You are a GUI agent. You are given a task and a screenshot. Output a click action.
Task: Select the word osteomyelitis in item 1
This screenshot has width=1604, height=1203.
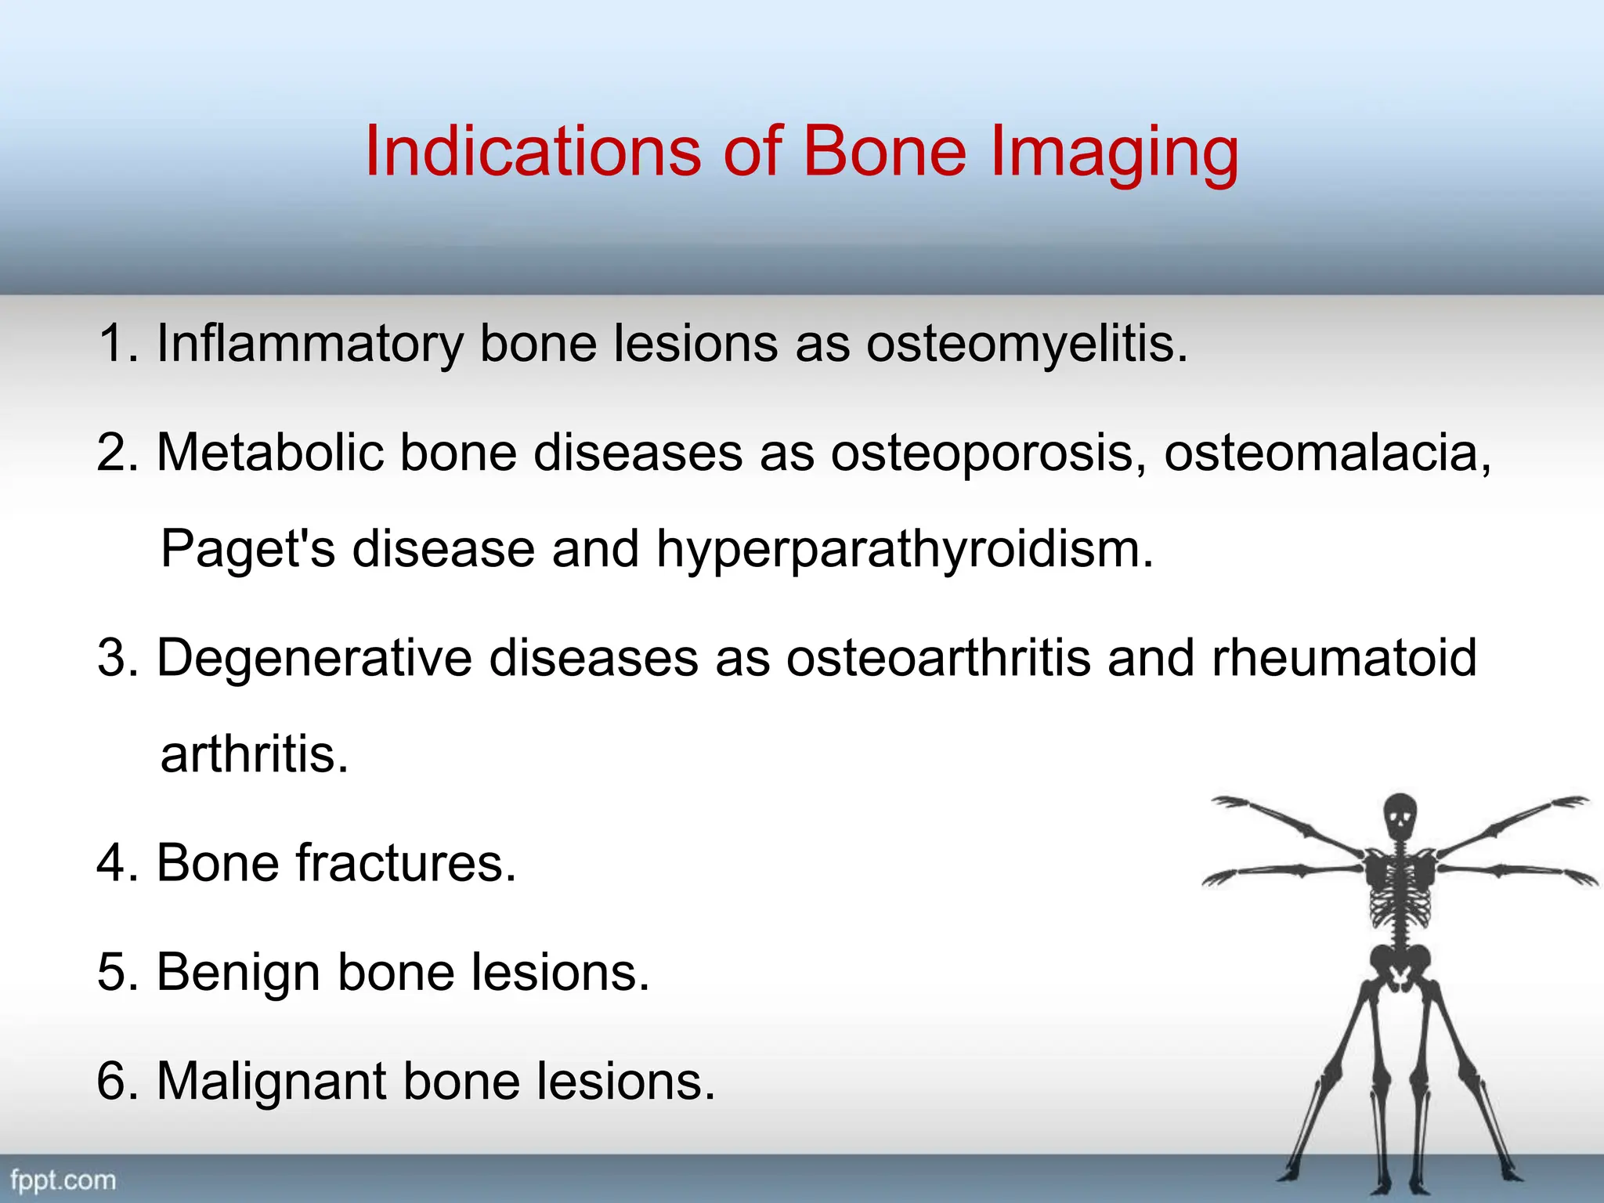point(1027,345)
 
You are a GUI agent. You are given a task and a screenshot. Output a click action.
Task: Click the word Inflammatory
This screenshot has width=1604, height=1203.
point(310,345)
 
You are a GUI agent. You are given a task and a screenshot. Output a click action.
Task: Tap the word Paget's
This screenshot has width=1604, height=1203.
point(247,550)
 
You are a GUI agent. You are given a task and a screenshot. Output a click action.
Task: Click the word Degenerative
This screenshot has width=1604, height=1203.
point(314,658)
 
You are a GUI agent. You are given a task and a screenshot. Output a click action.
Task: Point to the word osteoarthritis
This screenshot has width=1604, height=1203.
point(938,658)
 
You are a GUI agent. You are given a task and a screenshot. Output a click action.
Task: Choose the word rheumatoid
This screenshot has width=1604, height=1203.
point(1344,658)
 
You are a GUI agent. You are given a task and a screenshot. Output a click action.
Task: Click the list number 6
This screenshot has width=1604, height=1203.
point(114,1082)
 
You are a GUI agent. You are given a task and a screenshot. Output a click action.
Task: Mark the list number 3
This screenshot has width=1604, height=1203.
point(114,658)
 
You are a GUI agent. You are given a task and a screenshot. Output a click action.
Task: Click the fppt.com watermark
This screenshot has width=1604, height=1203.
point(63,1180)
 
